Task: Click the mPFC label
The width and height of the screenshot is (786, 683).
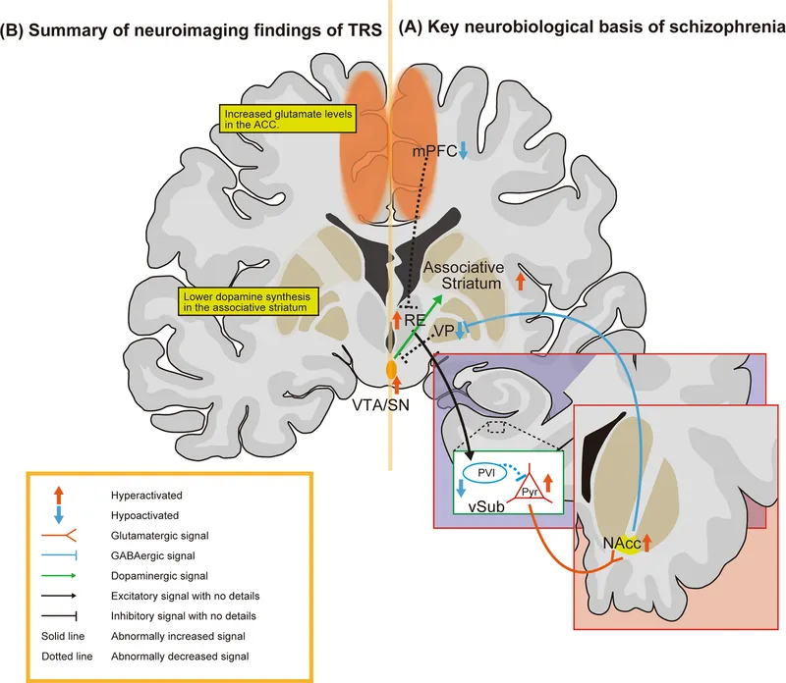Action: [432, 152]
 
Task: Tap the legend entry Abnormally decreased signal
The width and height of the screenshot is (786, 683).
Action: [182, 653]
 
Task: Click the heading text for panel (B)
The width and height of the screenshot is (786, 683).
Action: [193, 29]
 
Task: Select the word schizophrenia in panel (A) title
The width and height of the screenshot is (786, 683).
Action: [726, 29]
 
